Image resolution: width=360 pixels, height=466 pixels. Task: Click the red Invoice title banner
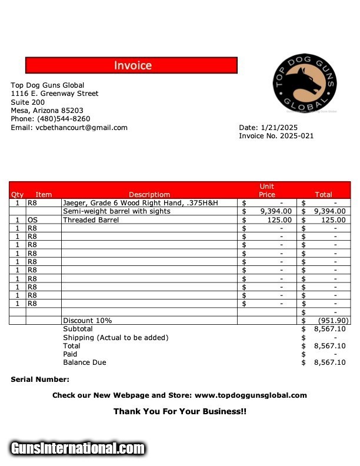pos(131,65)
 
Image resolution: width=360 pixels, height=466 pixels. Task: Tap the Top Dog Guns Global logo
pos(305,84)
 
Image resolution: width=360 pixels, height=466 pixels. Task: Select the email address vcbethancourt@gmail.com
pos(81,128)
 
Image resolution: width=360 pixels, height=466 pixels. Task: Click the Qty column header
pos(17,195)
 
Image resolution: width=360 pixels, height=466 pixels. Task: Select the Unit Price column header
pos(266,191)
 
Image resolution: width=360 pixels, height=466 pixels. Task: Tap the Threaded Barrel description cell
pos(91,220)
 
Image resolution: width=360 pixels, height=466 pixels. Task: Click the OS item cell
pos(33,220)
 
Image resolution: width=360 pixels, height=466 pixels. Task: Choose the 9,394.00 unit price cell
pos(275,211)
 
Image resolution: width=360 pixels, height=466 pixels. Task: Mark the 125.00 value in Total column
pos(334,220)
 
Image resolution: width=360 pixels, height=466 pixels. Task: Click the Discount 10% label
pos(88,321)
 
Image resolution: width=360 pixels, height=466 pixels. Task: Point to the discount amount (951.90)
pos(334,321)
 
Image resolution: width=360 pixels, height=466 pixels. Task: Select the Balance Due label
pos(85,362)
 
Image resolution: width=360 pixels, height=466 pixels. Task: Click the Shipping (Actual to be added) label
pos(115,338)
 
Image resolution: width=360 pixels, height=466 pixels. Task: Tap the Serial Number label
pos(40,380)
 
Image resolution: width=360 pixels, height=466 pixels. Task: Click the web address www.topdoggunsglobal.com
pos(251,395)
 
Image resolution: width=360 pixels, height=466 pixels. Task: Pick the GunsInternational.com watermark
pos(78,448)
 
